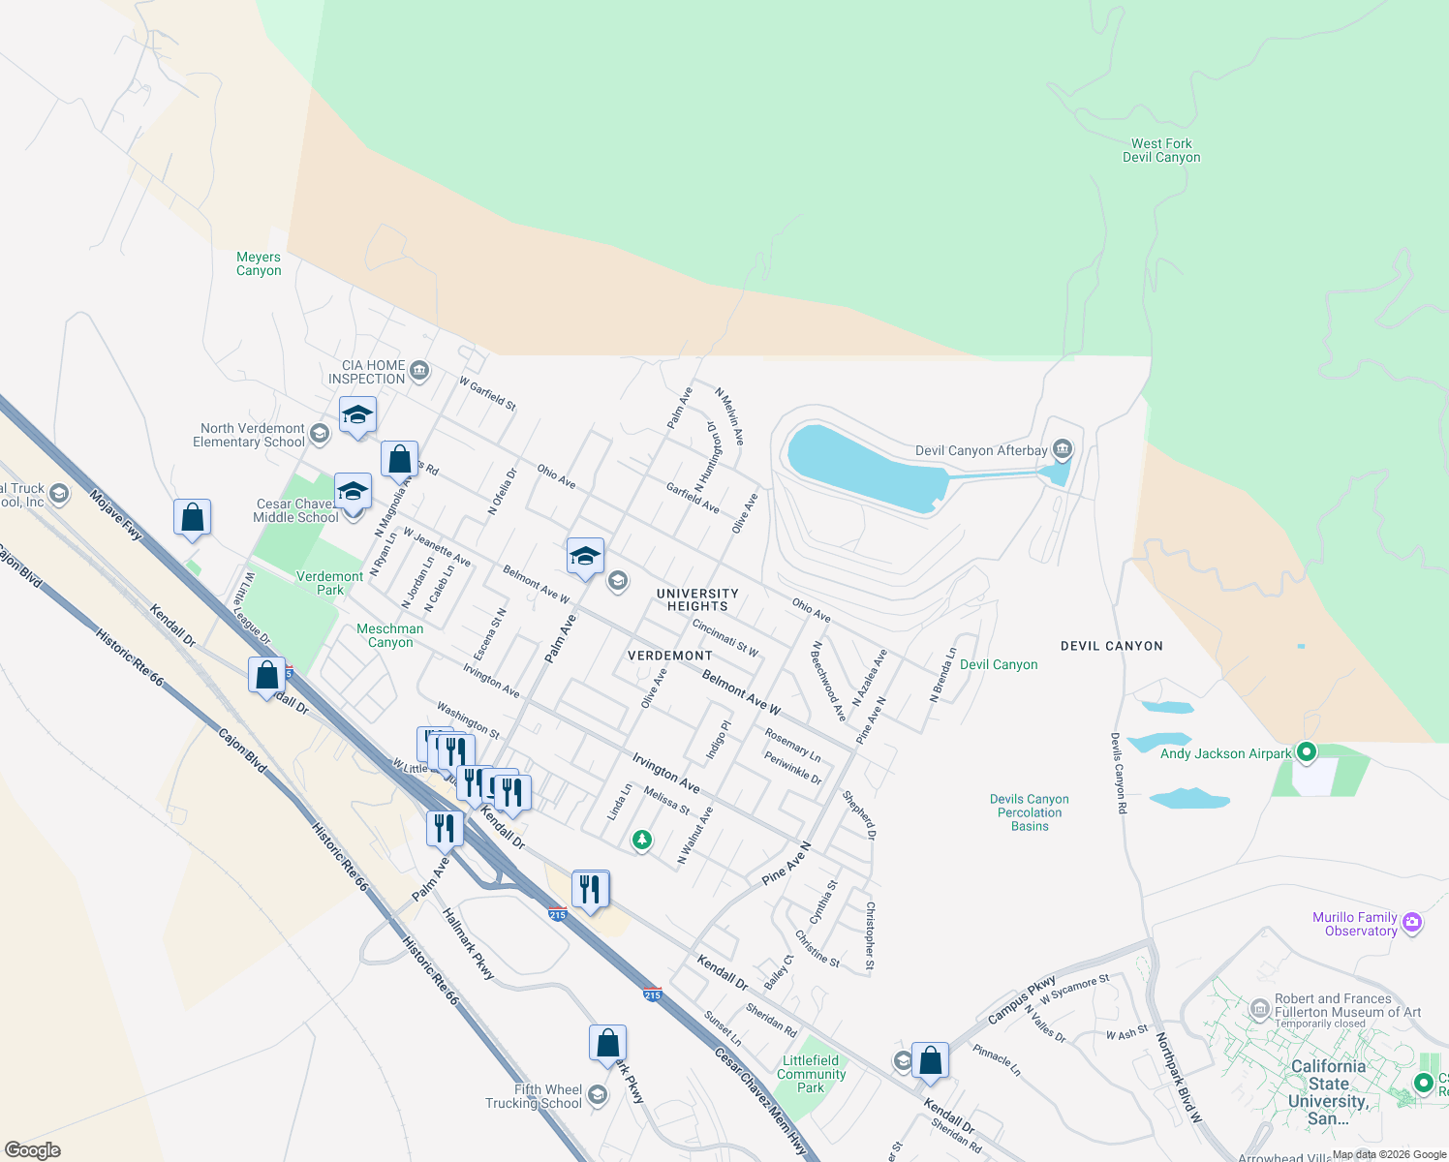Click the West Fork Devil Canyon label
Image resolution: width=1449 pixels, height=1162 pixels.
pyautogui.click(x=1161, y=150)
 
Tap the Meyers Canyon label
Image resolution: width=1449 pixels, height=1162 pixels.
pyautogui.click(x=259, y=263)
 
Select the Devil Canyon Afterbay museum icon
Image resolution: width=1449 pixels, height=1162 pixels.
pyautogui.click(x=1063, y=449)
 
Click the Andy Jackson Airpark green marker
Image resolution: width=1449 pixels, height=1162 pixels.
pyautogui.click(x=1307, y=751)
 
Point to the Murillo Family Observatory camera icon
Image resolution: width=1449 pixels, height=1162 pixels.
pyautogui.click(x=1411, y=922)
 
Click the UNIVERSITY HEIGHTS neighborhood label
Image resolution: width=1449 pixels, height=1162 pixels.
pyautogui.click(x=697, y=599)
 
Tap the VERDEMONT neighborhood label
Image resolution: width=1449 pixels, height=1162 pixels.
pyautogui.click(x=670, y=656)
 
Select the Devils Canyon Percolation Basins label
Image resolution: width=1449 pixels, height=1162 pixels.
pyautogui.click(x=1030, y=812)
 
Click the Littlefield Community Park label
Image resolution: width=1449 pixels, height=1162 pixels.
pyautogui.click(x=811, y=1074)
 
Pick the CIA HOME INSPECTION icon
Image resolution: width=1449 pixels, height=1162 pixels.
pyautogui.click(x=419, y=370)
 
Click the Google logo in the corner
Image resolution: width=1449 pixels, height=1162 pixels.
pyautogui.click(x=33, y=1149)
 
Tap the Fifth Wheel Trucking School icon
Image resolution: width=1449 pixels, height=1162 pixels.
pyautogui.click(x=598, y=1095)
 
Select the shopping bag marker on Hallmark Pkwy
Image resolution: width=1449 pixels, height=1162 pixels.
pyautogui.click(x=607, y=1043)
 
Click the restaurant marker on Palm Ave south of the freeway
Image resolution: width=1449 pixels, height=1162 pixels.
pyautogui.click(x=445, y=828)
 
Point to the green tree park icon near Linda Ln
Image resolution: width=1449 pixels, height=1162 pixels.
pyautogui.click(x=641, y=840)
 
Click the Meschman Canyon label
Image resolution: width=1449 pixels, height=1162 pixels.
pyautogui.click(x=390, y=635)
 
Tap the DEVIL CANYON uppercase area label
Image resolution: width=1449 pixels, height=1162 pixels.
pyautogui.click(x=1111, y=646)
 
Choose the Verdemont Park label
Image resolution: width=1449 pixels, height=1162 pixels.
pyautogui.click(x=329, y=583)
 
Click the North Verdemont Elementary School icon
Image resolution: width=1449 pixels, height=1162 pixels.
pyautogui.click(x=320, y=434)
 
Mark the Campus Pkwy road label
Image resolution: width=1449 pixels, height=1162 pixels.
pyautogui.click(x=1022, y=1000)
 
